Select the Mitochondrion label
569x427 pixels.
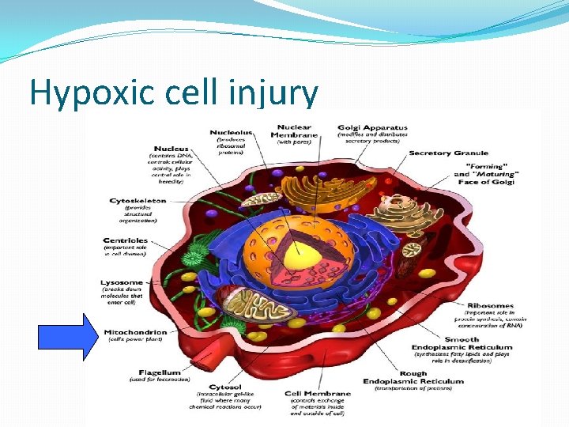pos(135,332)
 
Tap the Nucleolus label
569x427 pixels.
pos(231,132)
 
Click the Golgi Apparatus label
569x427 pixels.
pos(372,127)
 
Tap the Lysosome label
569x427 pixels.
pos(122,282)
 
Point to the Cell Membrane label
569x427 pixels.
pos(317,393)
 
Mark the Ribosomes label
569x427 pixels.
pos(490,305)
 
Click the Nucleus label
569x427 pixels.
pos(172,149)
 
